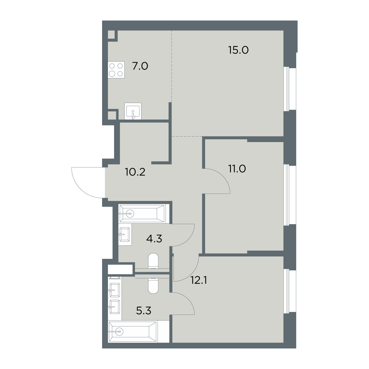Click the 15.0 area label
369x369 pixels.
point(238,50)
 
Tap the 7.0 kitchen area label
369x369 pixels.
point(140,66)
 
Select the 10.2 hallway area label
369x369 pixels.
point(135,172)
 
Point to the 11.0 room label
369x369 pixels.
point(237,169)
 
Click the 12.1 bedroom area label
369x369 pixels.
point(199,280)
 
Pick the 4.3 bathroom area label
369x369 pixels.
point(154,239)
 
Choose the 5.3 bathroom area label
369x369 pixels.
point(144,311)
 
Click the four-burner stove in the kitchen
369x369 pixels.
point(116,70)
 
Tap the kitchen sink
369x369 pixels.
point(133,111)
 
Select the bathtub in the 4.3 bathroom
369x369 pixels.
point(142,213)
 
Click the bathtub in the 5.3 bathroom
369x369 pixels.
point(132,331)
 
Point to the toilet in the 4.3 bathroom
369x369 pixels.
point(153,261)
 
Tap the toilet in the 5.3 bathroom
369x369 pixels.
point(153,286)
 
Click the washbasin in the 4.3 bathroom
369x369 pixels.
point(125,234)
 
